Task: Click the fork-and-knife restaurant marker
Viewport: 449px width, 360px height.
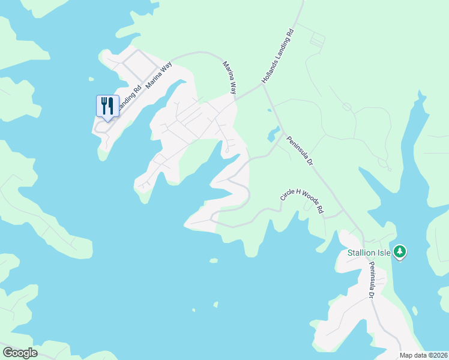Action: pyautogui.click(x=107, y=106)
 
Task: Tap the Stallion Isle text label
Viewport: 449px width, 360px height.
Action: pyautogui.click(x=369, y=253)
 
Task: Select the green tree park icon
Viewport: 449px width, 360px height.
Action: pyautogui.click(x=400, y=251)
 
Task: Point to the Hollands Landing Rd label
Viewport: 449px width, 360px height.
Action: pyautogui.click(x=279, y=56)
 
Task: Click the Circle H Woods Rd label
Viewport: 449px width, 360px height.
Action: pyautogui.click(x=302, y=203)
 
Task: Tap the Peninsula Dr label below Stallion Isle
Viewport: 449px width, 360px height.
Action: pyautogui.click(x=372, y=280)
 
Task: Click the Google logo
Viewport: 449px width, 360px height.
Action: pyautogui.click(x=20, y=353)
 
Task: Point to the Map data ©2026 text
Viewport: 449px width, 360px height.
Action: pyautogui.click(x=424, y=355)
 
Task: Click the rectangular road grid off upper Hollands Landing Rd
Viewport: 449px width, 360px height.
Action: pyautogui.click(x=316, y=40)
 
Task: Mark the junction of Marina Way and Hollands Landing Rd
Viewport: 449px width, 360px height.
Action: pyautogui.click(x=263, y=85)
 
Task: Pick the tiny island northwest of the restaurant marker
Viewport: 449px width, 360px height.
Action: pyautogui.click(x=91, y=79)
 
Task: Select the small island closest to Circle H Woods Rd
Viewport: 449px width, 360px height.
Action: pyautogui.click(x=213, y=260)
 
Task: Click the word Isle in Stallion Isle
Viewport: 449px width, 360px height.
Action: pyautogui.click(x=384, y=253)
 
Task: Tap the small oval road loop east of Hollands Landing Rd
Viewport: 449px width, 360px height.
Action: pyautogui.click(x=346, y=107)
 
